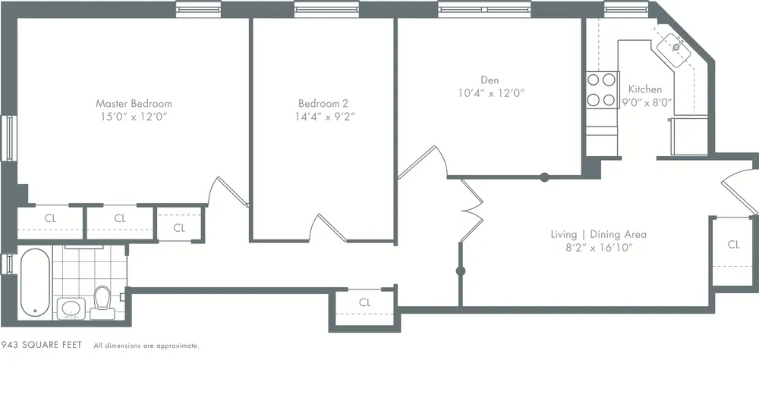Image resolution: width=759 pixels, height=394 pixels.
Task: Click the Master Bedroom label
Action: (134, 103)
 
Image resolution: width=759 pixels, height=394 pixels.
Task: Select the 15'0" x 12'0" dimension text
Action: (134, 117)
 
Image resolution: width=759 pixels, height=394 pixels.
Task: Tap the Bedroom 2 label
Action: (323, 103)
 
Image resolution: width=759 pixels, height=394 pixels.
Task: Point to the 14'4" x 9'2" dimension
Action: (323, 117)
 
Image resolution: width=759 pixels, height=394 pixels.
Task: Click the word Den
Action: (490, 80)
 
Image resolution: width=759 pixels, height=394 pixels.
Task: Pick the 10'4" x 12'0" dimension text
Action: (490, 93)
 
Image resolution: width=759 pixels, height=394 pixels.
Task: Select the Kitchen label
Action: (645, 89)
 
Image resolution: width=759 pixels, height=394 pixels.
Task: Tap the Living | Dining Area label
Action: (598, 235)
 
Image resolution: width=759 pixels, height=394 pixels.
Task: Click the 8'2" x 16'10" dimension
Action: (598, 248)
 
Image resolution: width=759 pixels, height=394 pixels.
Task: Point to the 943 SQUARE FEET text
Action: (41, 345)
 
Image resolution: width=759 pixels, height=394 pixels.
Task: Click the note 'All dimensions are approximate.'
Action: (146, 346)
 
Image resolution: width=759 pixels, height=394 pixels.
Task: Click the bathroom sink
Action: (71, 308)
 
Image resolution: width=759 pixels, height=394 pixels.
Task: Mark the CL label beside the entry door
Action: (733, 244)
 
